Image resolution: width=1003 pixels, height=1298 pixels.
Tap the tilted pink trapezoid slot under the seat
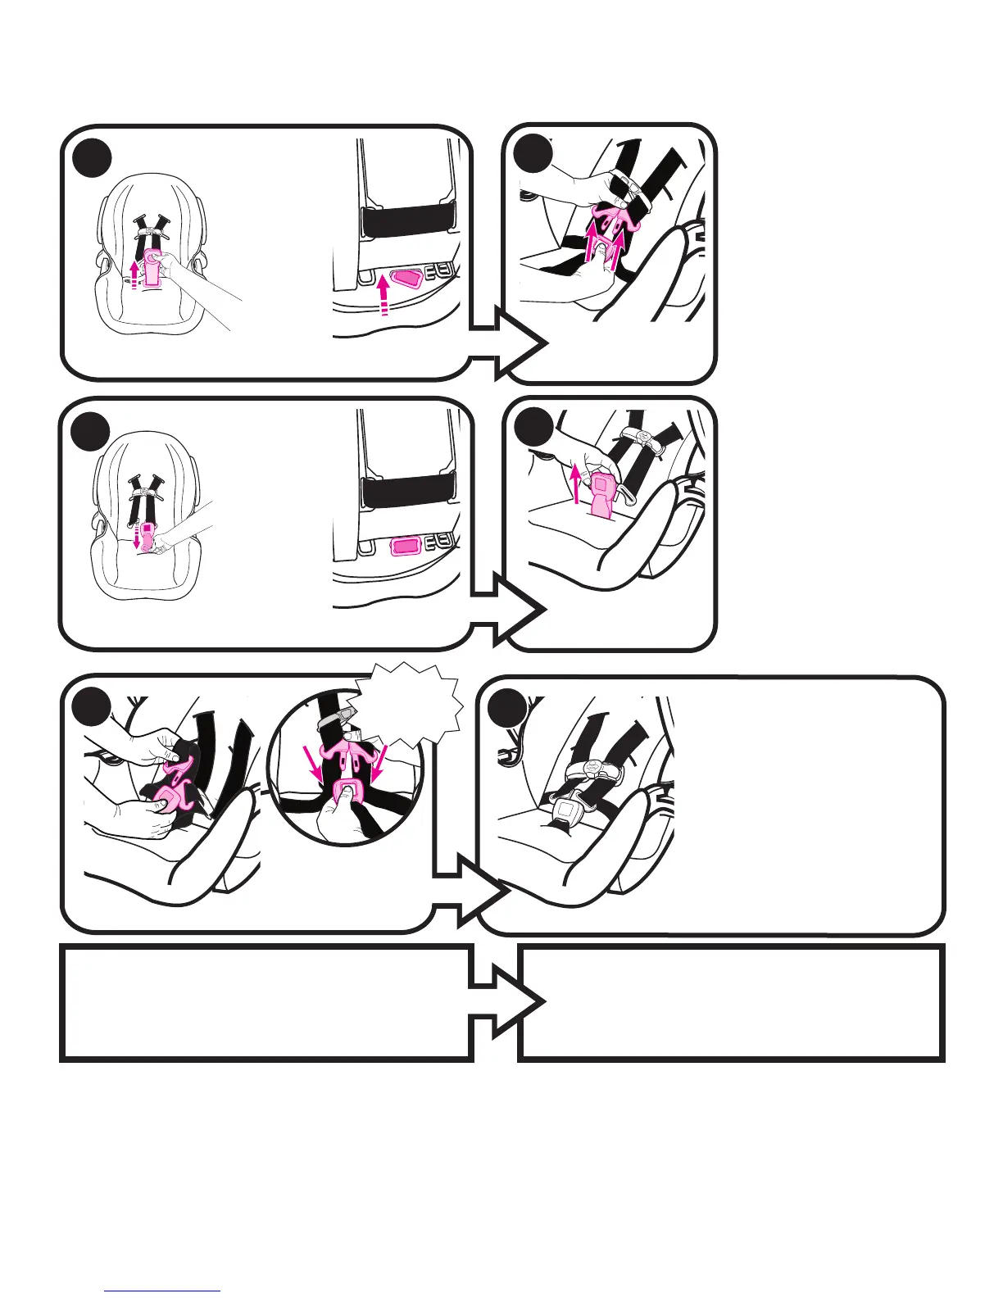(x=406, y=280)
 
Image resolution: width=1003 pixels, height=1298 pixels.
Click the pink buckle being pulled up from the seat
(x=603, y=494)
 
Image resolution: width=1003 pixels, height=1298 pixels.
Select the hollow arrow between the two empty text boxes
(x=504, y=1002)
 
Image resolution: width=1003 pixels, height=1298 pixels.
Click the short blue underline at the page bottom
(x=162, y=1291)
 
